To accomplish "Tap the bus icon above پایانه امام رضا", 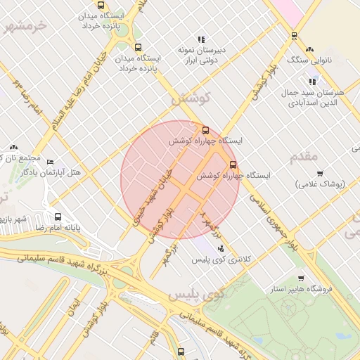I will pyautogui.click(x=58, y=217).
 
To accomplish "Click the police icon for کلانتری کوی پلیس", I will pyautogui.click(x=221, y=248).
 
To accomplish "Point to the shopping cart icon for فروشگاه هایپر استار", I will pyautogui.click(x=301, y=278).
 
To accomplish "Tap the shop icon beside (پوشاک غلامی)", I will pyautogui.click(x=320, y=174).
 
